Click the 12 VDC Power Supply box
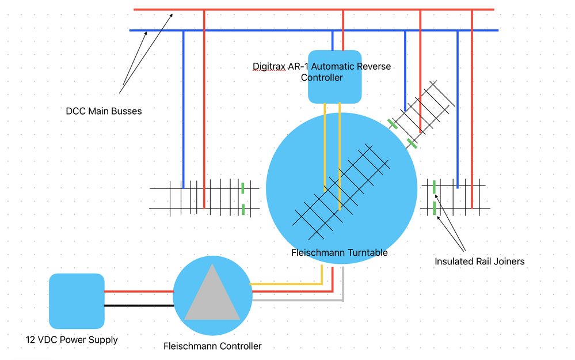[77, 301]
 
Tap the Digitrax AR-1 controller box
[335, 77]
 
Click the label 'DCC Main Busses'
[104, 111]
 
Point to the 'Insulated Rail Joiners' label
[479, 262]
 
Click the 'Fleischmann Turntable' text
[339, 252]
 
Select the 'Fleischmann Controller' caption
[212, 346]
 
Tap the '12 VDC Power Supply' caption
[71, 340]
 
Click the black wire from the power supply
[139, 305]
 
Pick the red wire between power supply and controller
[139, 291]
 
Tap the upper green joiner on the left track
[243, 188]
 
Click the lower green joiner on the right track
[435, 209]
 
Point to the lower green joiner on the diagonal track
[412, 143]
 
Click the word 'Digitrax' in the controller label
[269, 66]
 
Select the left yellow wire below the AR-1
[325, 147]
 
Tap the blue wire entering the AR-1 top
[333, 41]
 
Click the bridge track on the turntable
[341, 192]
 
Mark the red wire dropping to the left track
[204, 109]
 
